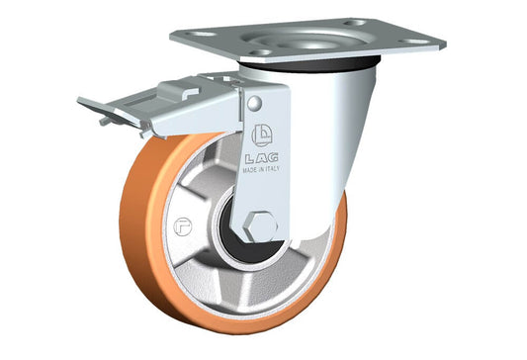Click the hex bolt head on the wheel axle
click(261, 226)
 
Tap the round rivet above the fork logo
click(254, 103)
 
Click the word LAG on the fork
click(261, 158)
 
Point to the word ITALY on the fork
click(271, 169)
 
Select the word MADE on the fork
click(249, 170)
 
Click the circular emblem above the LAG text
click(262, 135)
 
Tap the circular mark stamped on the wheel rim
click(183, 226)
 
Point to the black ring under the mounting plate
click(309, 64)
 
